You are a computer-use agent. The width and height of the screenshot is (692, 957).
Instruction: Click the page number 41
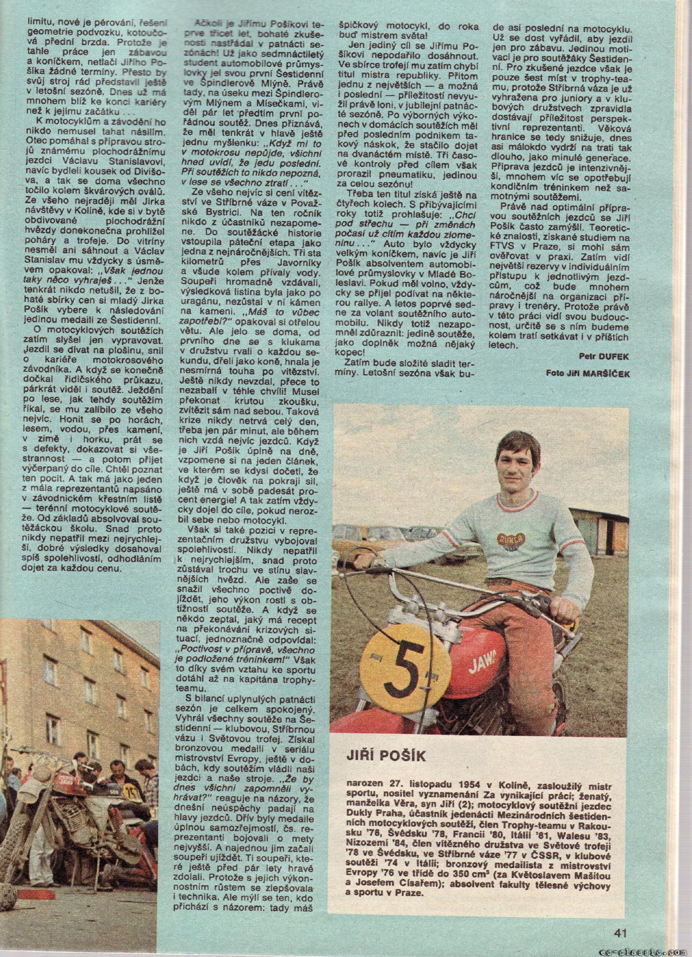[620, 931]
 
